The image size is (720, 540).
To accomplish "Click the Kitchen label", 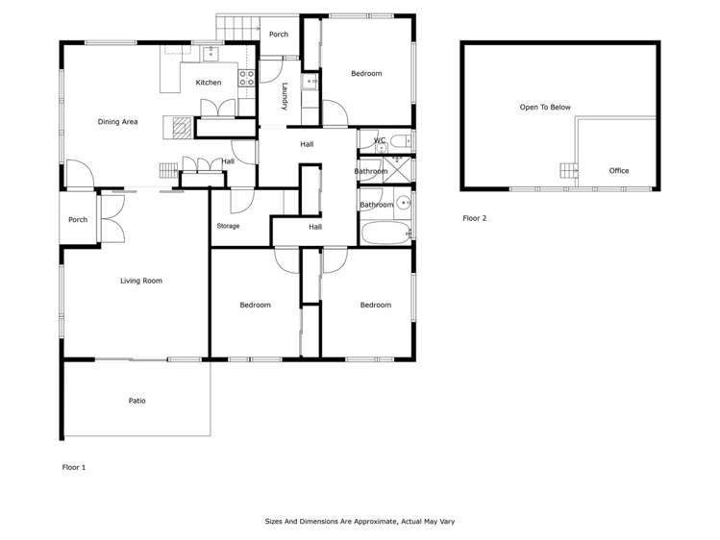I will (209, 83).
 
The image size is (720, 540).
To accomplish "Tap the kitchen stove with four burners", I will (246, 78).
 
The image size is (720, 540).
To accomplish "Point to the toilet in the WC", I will (403, 141).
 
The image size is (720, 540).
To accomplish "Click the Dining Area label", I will (117, 122).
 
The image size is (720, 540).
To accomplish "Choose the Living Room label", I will (140, 281).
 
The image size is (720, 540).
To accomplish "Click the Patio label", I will (137, 401).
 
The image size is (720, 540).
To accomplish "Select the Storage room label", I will (228, 226).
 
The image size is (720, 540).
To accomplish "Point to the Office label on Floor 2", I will (619, 171).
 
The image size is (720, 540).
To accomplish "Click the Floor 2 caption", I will (475, 218).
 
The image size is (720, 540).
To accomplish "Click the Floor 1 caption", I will (74, 467).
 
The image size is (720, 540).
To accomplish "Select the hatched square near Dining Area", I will (180, 123).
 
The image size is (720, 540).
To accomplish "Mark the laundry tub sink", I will (310, 84).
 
